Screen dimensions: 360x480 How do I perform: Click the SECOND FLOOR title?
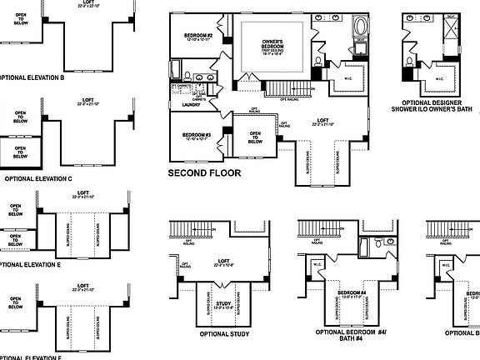coord(204,173)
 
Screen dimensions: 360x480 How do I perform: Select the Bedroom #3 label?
coord(189,135)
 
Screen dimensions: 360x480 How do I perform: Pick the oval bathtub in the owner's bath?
coord(360,24)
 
